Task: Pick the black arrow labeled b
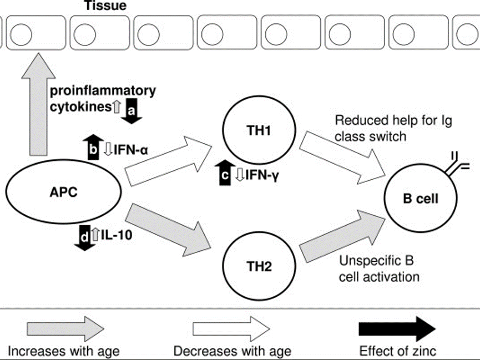[93, 147]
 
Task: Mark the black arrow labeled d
[84, 236]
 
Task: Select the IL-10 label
[115, 235]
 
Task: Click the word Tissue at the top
[105, 7]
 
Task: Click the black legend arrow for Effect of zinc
[397, 329]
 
